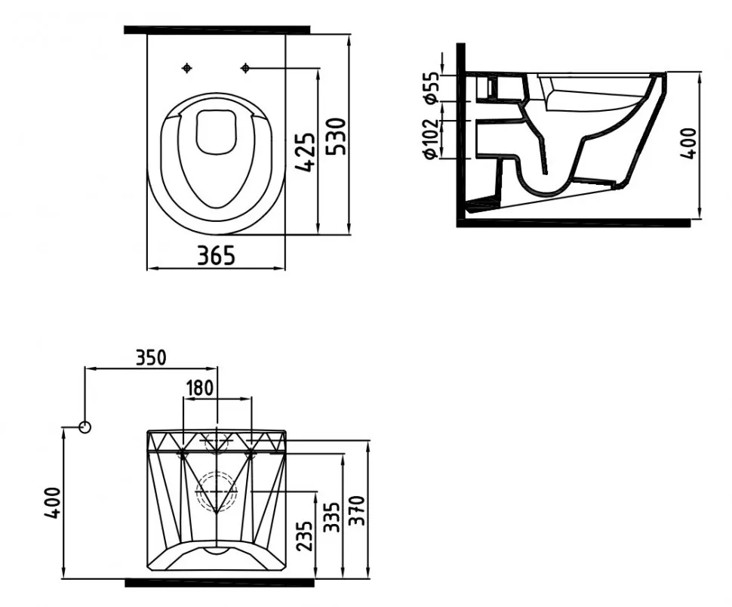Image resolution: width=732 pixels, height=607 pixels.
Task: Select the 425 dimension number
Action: click(x=306, y=153)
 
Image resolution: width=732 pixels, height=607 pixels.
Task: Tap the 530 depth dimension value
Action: click(x=336, y=137)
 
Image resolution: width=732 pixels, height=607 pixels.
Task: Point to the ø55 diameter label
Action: click(x=430, y=88)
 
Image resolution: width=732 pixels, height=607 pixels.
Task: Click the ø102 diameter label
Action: click(x=430, y=139)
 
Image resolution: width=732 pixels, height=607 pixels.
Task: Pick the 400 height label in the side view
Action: click(x=687, y=143)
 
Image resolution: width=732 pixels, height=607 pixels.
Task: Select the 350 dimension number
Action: click(x=151, y=358)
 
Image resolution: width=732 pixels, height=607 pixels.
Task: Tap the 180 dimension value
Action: click(x=200, y=387)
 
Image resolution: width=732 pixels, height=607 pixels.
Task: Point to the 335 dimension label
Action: click(x=332, y=517)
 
